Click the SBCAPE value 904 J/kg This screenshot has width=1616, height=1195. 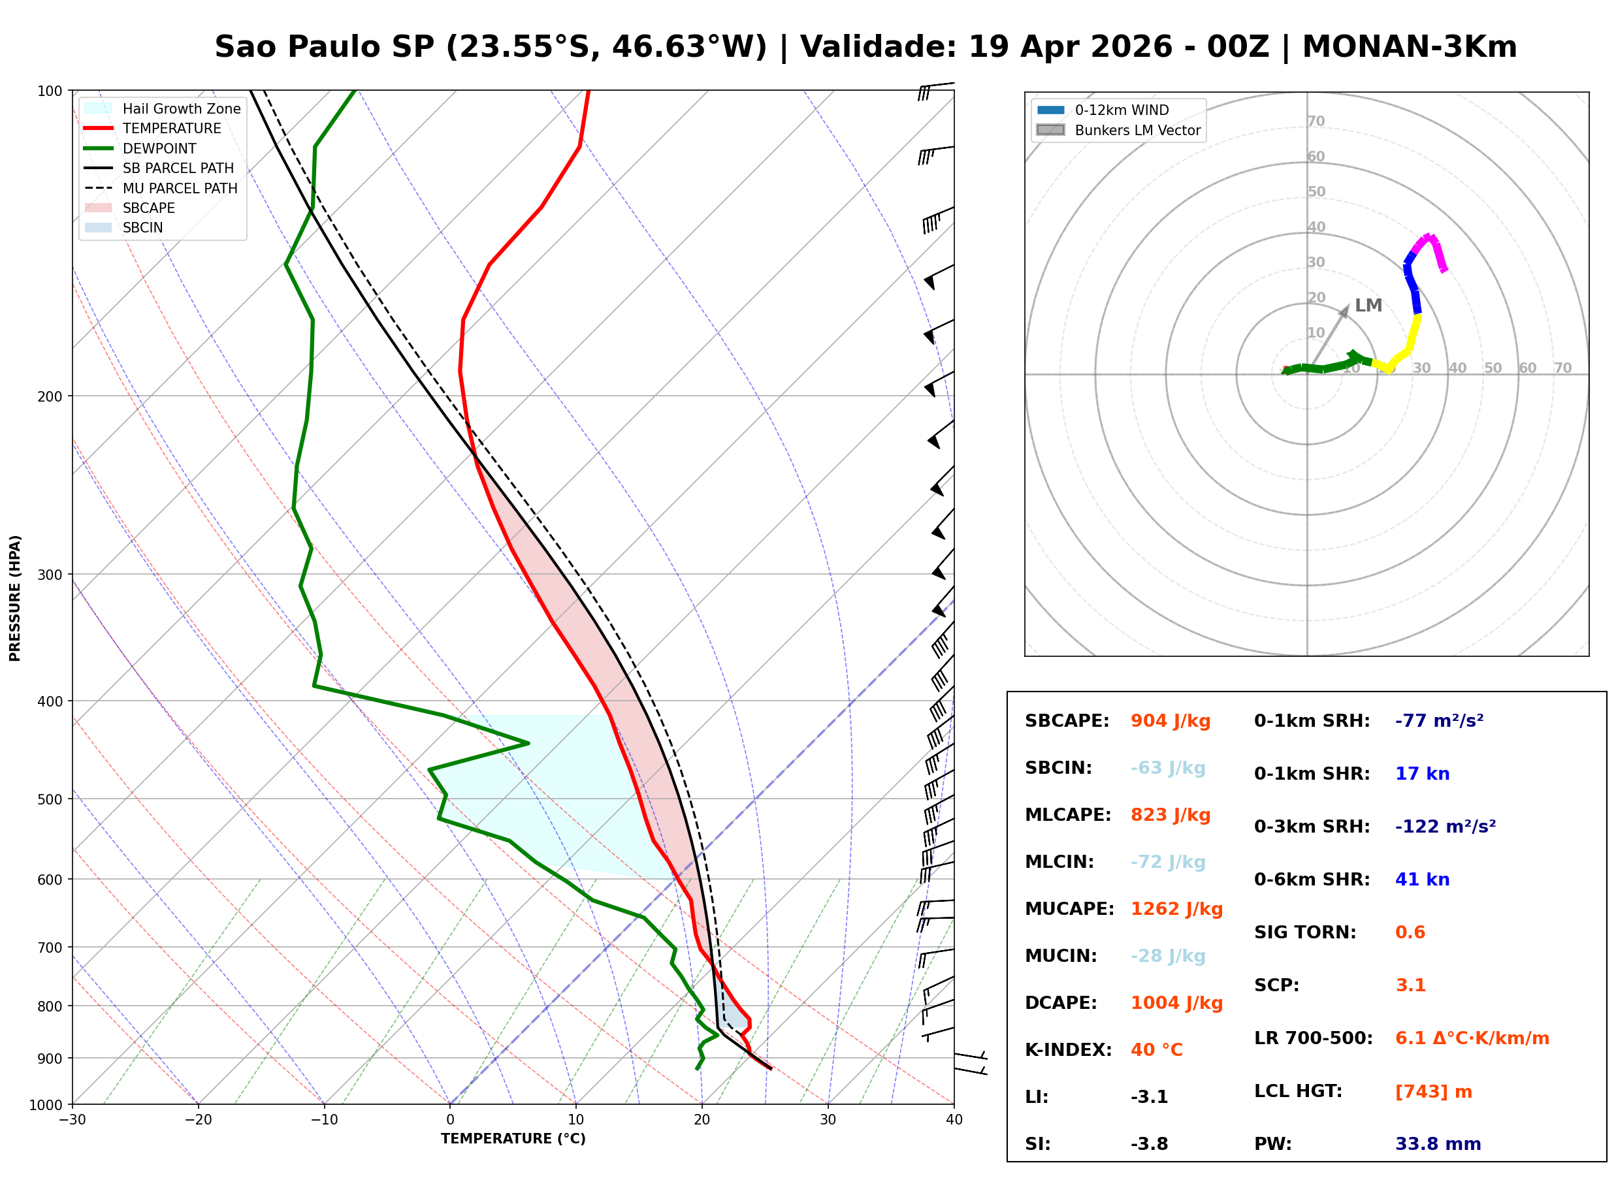click(x=1170, y=721)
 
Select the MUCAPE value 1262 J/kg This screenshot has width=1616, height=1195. click(x=1176, y=909)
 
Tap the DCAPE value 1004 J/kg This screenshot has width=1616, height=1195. click(x=1176, y=1003)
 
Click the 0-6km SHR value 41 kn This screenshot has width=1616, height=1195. click(x=1422, y=880)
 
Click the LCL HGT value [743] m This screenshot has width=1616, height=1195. click(x=1433, y=1092)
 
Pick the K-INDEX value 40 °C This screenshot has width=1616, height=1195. click(x=1156, y=1050)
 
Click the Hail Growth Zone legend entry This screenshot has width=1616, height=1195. click(x=181, y=108)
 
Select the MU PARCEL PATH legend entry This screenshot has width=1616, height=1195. click(x=180, y=188)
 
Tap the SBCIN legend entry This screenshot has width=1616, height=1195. click(x=142, y=228)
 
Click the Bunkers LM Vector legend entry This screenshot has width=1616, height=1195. click(x=1137, y=130)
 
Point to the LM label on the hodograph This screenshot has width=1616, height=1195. click(x=1368, y=305)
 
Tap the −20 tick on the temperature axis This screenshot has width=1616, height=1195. click(x=197, y=1121)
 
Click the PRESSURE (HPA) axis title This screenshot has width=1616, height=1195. click(x=15, y=597)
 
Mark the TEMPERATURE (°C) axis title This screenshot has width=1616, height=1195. click(x=513, y=1139)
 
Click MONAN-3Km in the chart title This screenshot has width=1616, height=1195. click(x=1409, y=47)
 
